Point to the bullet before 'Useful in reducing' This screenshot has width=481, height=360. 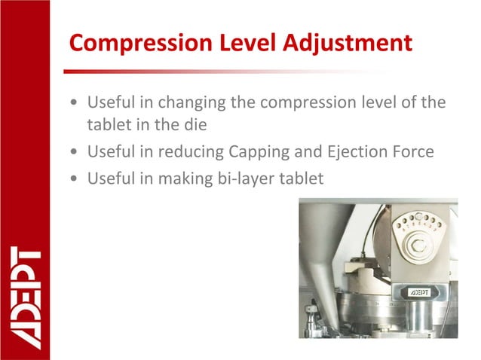[72, 153]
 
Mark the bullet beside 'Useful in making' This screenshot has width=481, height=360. [72, 179]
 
